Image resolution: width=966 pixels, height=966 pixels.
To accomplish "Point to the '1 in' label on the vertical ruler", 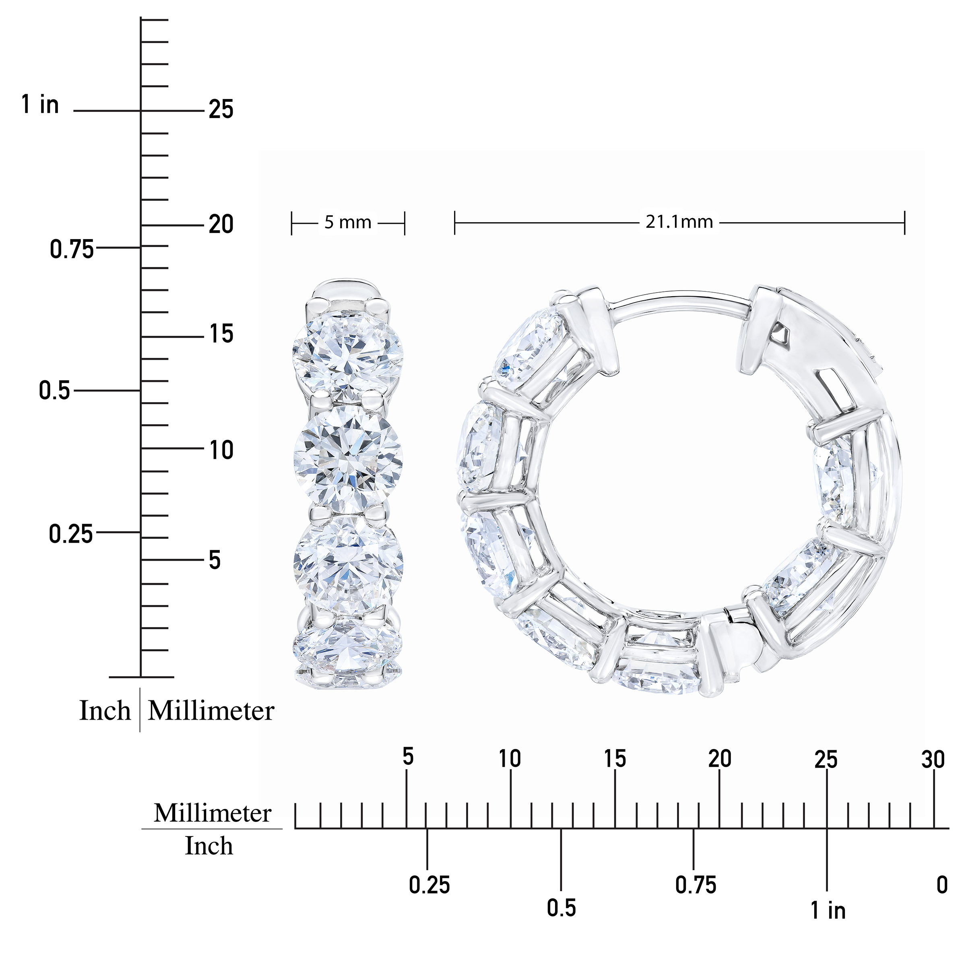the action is point(40,105).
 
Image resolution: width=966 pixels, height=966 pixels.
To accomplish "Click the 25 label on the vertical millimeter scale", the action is point(221,109).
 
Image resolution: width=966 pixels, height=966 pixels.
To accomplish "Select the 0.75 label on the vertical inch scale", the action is point(72,249).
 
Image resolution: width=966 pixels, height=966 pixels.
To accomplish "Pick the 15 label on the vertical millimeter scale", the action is point(221,334).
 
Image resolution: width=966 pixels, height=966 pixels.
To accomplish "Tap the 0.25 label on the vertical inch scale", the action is point(70,534).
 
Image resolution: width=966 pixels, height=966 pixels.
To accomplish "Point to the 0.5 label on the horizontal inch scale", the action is point(561,908).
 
